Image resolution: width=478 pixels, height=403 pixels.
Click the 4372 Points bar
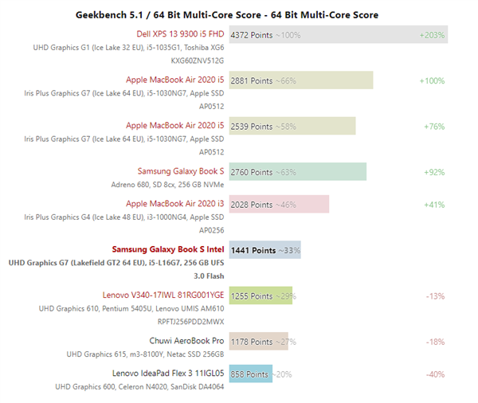pyautogui.click(x=338, y=35)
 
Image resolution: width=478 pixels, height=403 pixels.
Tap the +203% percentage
pyautogui.click(x=433, y=35)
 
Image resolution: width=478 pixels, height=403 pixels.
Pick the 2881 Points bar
pyautogui.click(x=301, y=80)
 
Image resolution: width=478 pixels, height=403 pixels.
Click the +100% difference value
pyautogui.click(x=432, y=80)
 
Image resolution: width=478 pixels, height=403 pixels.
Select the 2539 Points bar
pyautogui.click(x=292, y=126)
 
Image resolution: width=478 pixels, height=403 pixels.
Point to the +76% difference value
pyautogui.click(x=433, y=126)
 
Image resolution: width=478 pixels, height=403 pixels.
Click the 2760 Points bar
pyautogui.click(x=298, y=171)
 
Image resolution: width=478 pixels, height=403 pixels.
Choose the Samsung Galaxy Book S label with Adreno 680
pyautogui.click(x=181, y=170)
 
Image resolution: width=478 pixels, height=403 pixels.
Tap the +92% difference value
pyautogui.click(x=433, y=171)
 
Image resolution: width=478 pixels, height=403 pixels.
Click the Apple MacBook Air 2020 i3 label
pyautogui.click(x=175, y=204)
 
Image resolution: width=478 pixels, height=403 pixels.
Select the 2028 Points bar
pyautogui.click(x=279, y=205)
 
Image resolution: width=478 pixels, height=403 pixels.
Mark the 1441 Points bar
pyautogui.click(x=264, y=250)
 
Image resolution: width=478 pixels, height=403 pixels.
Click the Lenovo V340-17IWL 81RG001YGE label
pyautogui.click(x=163, y=295)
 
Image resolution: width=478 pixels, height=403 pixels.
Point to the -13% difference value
pyautogui.click(x=435, y=295)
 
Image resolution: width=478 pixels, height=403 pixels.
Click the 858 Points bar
pyautogui.click(x=251, y=374)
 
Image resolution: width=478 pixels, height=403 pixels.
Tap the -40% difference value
pyautogui.click(x=435, y=374)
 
